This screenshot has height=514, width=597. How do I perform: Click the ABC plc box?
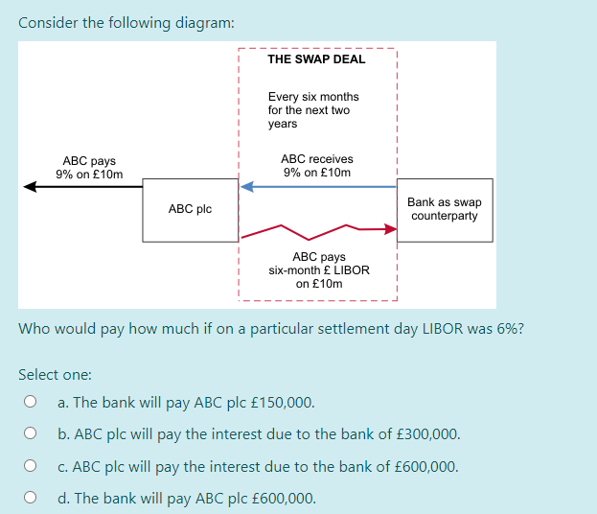coord(190,209)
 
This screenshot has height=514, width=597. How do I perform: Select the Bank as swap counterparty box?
coord(444,209)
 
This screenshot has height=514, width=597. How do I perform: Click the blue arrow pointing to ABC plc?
coord(316,187)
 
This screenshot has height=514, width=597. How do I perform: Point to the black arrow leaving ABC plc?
coord(81,187)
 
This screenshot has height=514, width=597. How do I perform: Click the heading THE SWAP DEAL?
coord(316,59)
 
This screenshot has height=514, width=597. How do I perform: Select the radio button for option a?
coord(31,403)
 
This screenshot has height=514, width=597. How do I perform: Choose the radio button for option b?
coord(31,434)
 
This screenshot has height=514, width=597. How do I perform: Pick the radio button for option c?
coord(31,467)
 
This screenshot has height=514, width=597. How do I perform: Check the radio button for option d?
coord(31,498)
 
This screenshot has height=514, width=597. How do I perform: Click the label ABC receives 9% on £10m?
coord(317,166)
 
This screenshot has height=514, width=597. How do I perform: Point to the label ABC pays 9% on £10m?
coord(89,168)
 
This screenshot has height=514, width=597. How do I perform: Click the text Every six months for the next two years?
coord(312,110)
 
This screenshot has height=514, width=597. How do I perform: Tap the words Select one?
coord(54,375)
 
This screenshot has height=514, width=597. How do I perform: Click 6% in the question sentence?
coord(505,329)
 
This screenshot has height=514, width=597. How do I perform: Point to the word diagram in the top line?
coord(200,22)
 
